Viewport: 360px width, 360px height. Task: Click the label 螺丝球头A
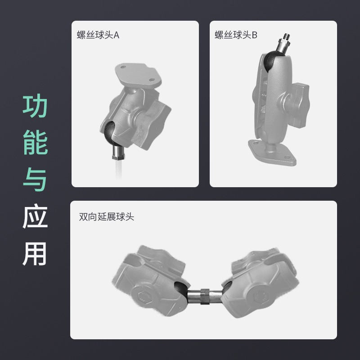coord(98,35)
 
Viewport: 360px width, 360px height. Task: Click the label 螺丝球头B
coord(236,35)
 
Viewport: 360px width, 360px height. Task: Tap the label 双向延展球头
coord(107,216)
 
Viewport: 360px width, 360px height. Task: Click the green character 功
coord(35,106)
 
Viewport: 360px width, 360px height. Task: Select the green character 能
coord(35,142)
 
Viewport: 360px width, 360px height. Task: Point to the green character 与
coord(35,179)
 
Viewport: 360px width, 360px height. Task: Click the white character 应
coord(35,216)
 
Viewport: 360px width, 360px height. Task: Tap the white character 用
coord(35,253)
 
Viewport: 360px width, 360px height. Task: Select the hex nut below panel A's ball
coord(118,157)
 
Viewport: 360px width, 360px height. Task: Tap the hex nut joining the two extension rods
coord(205,296)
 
